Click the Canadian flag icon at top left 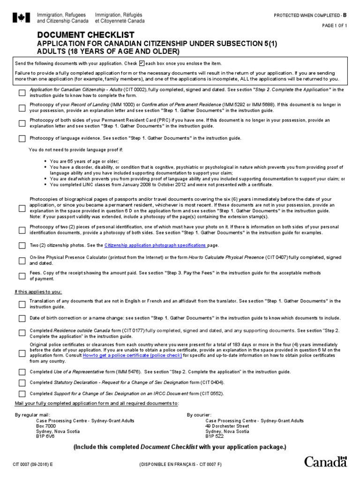point(21,18)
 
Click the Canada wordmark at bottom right point(326,461)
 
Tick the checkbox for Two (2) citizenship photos point(22,245)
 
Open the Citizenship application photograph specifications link point(155,245)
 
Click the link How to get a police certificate point(133,355)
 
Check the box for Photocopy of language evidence point(22,138)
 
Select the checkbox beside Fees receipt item point(22,276)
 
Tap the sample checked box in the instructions point(142,63)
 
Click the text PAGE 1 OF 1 point(335,26)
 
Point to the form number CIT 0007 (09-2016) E point(33,464)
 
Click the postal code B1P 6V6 point(45,437)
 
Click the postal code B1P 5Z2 point(215,437)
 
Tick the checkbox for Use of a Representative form point(22,372)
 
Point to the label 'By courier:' point(200,415)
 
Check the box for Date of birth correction point(22,318)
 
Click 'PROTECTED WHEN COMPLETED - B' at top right point(310,15)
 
